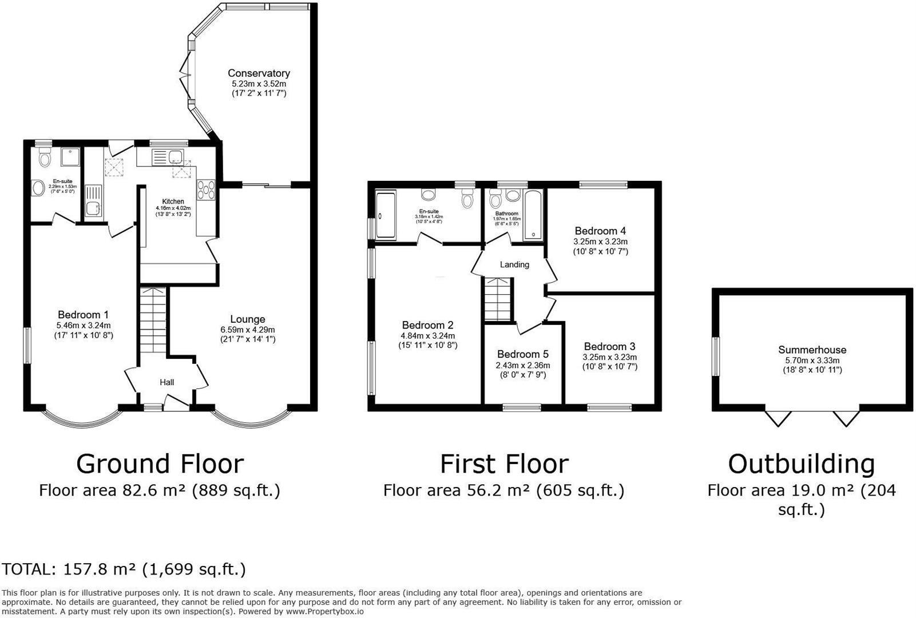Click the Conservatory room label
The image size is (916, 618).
[259, 73]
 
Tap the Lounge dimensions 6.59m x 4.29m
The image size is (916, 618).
[248, 330]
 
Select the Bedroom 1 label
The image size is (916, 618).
[83, 315]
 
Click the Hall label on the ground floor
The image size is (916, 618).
[166, 382]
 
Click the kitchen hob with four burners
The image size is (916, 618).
[206, 190]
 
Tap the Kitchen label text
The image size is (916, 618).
[173, 201]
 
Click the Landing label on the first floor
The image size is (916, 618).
[514, 264]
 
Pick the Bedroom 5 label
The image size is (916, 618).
[522, 354]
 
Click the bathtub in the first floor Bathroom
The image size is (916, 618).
[533, 215]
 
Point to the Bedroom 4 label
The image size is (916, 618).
[600, 231]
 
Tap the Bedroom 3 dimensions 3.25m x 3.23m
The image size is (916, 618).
[609, 357]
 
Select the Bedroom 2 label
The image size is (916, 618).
[427, 325]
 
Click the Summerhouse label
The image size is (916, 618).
[812, 350]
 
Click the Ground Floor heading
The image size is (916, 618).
[160, 463]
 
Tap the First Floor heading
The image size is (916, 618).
[504, 463]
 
